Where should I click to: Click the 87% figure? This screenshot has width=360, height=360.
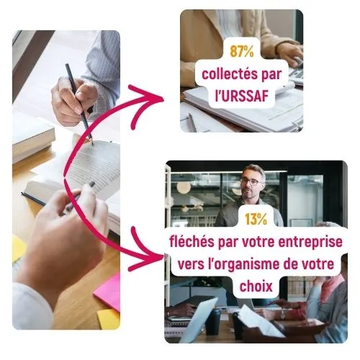point(242,51)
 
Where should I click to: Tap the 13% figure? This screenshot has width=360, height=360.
point(256,219)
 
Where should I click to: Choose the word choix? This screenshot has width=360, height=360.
point(256,286)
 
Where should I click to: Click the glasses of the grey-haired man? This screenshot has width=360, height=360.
point(251,181)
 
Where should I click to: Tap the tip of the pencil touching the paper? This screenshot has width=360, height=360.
point(93,145)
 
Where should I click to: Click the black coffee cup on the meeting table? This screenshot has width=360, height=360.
point(212,322)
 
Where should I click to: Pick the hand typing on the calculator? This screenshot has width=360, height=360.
point(289,54)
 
